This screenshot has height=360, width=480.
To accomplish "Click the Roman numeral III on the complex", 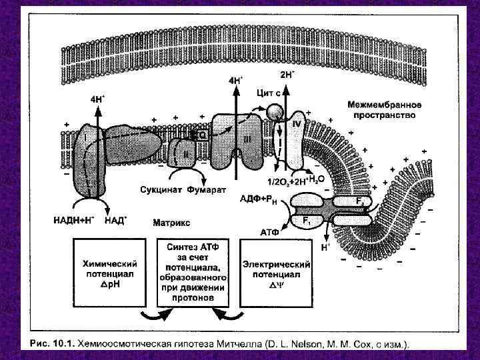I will (x=247, y=139).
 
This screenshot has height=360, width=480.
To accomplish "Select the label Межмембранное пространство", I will (x=381, y=110).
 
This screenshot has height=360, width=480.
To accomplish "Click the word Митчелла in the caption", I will (x=241, y=344).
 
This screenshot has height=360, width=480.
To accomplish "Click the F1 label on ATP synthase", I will (x=307, y=219).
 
